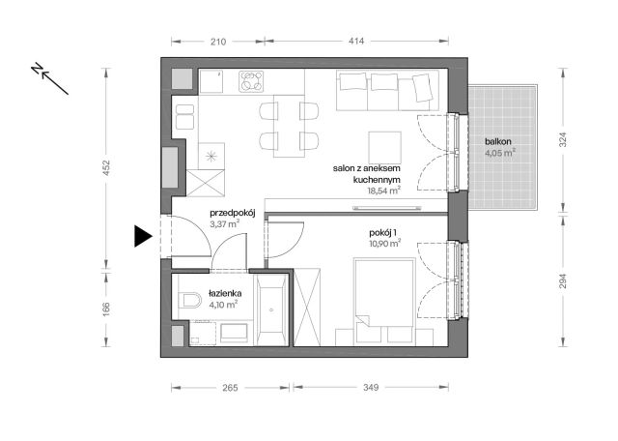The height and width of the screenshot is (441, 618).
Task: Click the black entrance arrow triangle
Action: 142,235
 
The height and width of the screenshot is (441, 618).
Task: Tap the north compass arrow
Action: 49,78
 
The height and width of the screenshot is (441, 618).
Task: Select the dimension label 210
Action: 217,42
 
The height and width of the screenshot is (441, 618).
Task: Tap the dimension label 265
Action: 230,388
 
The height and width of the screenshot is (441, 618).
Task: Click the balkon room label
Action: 498,141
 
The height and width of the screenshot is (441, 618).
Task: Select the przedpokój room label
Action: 231,214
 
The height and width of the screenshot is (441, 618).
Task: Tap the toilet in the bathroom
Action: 189,300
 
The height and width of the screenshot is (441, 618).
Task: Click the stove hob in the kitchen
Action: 252,81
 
